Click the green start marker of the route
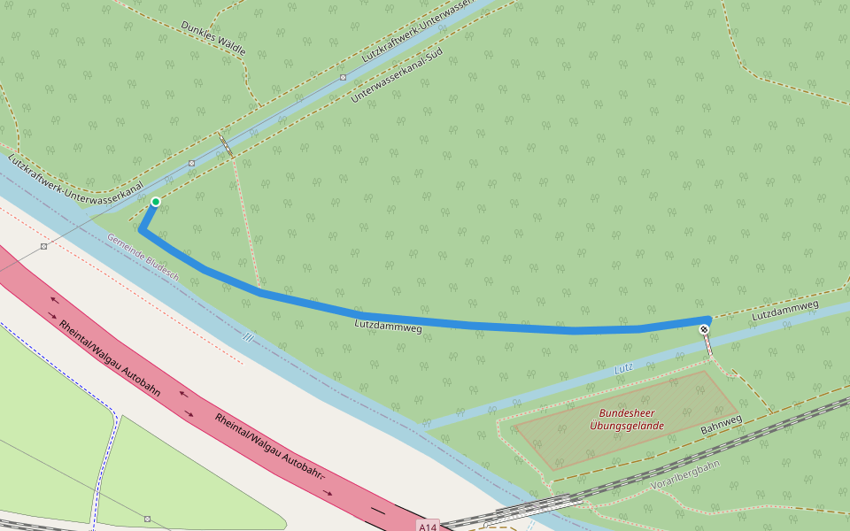(156, 202)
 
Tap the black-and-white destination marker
(705, 329)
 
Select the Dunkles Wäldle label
(212, 38)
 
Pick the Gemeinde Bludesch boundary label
(143, 258)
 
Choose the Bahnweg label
(720, 422)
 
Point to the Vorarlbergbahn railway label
(685, 475)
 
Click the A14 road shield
(429, 527)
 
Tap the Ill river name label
(248, 337)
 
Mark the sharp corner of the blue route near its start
(142, 231)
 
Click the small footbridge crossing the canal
(227, 145)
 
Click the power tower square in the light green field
(147, 519)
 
